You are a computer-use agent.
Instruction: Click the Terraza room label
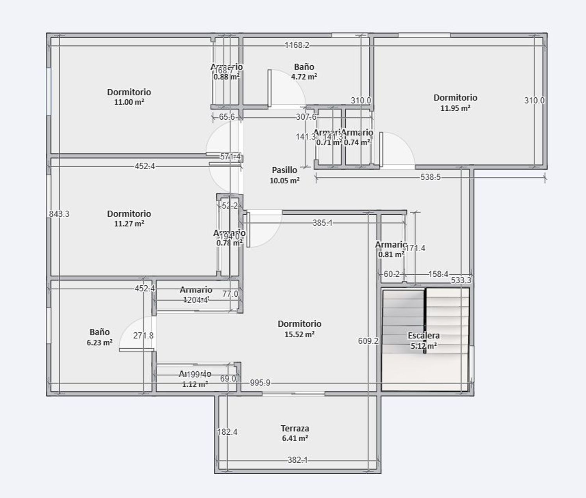[295, 428]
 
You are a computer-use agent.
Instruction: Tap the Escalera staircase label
[423, 335]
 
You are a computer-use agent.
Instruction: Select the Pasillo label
[284, 170]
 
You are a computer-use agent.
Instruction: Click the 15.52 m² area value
[300, 334]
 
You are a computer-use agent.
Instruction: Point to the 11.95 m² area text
[455, 108]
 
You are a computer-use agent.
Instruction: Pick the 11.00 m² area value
[129, 102]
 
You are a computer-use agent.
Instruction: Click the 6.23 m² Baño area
[100, 342]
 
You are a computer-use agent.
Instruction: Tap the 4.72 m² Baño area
[304, 77]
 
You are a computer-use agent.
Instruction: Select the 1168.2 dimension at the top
[297, 45]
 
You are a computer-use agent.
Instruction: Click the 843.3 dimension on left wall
[59, 214]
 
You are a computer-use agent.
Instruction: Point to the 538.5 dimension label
[430, 177]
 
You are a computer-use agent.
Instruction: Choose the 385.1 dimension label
[322, 223]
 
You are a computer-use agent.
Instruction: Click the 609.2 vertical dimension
[368, 341]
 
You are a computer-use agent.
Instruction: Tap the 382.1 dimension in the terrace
[297, 460]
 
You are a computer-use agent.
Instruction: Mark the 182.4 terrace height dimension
[227, 432]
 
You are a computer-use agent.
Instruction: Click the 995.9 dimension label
[260, 383]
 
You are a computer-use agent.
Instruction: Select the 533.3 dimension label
[461, 280]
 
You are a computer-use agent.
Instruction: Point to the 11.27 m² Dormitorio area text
[129, 224]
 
